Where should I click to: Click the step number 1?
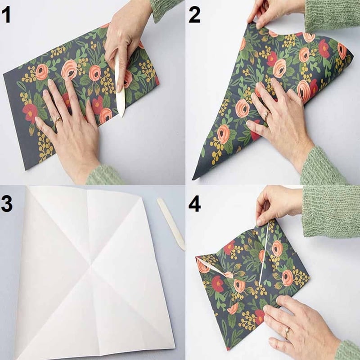click(7, 14)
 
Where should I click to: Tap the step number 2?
click(195, 14)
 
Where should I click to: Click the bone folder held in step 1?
click(120, 85)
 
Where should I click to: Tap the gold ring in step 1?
click(58, 120)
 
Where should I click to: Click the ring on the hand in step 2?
click(267, 116)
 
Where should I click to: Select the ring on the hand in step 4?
click(287, 333)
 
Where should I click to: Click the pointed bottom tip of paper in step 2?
click(193, 179)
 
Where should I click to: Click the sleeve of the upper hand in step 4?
click(331, 211)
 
